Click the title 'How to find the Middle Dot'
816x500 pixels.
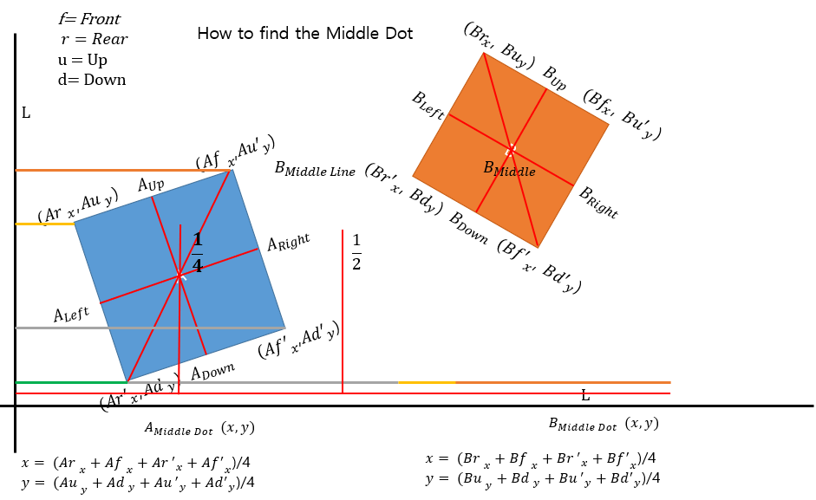pos(304,34)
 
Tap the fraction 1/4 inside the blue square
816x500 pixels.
pos(197,253)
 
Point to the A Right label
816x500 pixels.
pos(288,243)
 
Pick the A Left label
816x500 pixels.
pos(71,315)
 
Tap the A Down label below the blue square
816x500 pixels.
pos(212,372)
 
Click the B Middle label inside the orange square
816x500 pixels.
pos(509,169)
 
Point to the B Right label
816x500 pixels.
pos(598,203)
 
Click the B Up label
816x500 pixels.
pos(554,78)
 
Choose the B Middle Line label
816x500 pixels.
pos(315,169)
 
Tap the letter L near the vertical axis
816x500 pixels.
pos(26,114)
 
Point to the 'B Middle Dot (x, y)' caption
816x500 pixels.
pos(604,425)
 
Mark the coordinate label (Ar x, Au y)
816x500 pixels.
pos(77,206)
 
